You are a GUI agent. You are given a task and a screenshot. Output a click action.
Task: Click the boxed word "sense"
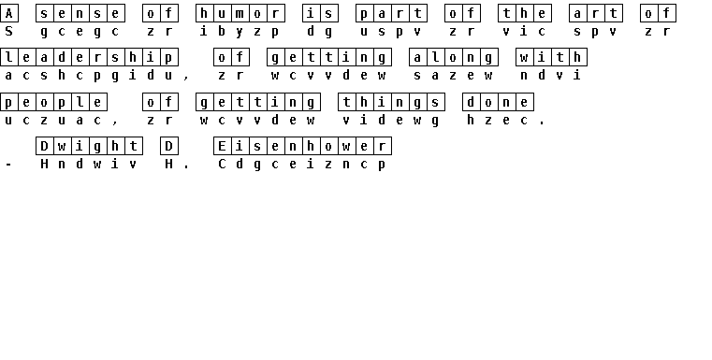[x=80, y=13]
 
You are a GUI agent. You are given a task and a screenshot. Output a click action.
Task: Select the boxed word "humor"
[x=240, y=13]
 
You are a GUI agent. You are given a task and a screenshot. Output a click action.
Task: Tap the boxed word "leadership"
[x=89, y=57]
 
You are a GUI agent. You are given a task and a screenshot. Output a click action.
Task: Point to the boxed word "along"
[x=454, y=57]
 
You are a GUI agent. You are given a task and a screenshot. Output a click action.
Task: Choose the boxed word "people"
[x=53, y=102]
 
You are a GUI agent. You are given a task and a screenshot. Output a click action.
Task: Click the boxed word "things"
[x=391, y=102]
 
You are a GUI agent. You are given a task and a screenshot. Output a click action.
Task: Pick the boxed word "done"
[x=498, y=102]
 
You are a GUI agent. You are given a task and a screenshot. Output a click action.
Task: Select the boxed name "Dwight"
[x=89, y=146]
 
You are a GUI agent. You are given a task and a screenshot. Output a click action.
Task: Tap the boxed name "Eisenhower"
[x=302, y=146]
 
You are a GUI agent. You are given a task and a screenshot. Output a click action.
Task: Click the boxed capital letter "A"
[x=9, y=13]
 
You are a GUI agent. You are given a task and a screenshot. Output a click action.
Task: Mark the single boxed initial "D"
[x=169, y=146]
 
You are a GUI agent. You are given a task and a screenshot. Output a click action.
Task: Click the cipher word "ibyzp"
[x=240, y=31]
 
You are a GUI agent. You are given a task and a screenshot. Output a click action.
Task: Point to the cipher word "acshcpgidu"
[x=89, y=75]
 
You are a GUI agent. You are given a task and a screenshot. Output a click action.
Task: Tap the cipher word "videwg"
[x=391, y=120]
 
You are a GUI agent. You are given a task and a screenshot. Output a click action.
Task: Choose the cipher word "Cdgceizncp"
[x=302, y=164]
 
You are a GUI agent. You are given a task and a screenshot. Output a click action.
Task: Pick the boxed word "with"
[x=551, y=57]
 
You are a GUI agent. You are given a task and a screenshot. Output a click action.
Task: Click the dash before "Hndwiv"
[x=8, y=165]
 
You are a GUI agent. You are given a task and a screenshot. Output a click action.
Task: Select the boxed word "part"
[x=391, y=13]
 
